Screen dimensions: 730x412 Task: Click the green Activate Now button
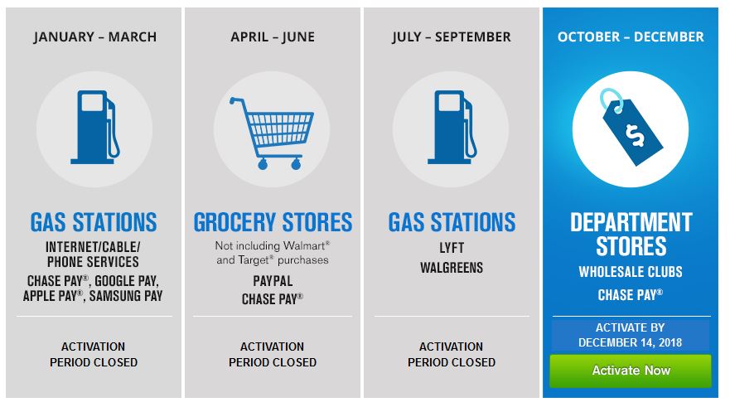pos(631,371)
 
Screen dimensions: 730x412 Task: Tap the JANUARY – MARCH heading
pos(95,36)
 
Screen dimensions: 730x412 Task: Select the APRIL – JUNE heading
pos(273,36)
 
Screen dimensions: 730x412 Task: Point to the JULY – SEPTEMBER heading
pos(451,36)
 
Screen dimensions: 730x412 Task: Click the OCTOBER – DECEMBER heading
pos(631,36)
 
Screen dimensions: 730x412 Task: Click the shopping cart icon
pos(272,133)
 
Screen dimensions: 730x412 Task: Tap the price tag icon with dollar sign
pos(631,127)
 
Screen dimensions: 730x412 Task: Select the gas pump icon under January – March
pos(95,127)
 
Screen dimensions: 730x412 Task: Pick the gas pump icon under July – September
pos(452,127)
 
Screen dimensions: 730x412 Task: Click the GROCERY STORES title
pos(273,222)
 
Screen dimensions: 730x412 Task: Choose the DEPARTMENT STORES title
pos(631,234)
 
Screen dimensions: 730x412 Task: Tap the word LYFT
pos(452,248)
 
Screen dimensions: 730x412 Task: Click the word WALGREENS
pos(452,268)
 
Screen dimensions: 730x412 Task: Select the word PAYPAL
pos(273,281)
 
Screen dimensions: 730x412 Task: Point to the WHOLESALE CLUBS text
pos(631,272)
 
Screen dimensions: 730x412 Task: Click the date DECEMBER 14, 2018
pos(631,342)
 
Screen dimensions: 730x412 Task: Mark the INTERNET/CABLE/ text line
pos(93,247)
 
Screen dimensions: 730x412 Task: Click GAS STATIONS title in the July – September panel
pos(452,222)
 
